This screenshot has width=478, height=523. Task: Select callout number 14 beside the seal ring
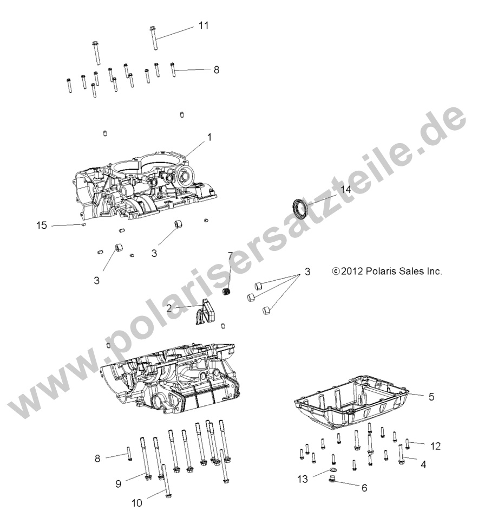tap(346, 189)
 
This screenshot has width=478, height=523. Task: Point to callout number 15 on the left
tap(42, 225)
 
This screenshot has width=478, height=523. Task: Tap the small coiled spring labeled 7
tap(228, 293)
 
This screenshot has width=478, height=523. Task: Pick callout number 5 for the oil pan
tap(431, 397)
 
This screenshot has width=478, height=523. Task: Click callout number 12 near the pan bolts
tap(435, 446)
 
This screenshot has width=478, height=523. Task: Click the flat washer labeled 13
tap(332, 470)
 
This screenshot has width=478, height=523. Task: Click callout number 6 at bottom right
tap(364, 488)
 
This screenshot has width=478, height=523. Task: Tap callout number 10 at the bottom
tap(136, 503)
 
